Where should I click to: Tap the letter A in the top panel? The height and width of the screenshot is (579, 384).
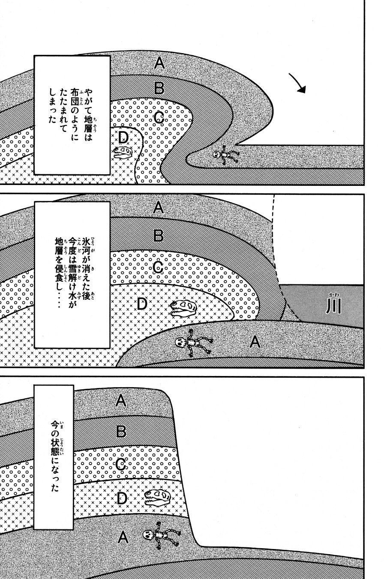coord(159,64)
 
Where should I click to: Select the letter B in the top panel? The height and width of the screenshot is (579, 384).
coord(159,88)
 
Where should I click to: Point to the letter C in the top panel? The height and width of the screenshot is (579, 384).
coord(158,117)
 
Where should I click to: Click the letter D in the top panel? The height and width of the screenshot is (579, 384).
coord(123,137)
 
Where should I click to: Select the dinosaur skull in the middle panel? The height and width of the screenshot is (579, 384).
coord(183,308)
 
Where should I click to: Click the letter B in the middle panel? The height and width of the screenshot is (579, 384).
coord(158,235)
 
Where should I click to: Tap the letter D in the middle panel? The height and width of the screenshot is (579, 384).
coord(142,304)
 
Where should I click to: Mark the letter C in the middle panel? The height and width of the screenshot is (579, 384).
coord(158,268)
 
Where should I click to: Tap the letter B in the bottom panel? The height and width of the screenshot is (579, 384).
coord(121,431)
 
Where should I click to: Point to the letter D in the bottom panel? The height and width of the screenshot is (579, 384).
coord(122,498)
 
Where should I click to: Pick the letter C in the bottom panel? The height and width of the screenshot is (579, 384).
coord(121,464)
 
